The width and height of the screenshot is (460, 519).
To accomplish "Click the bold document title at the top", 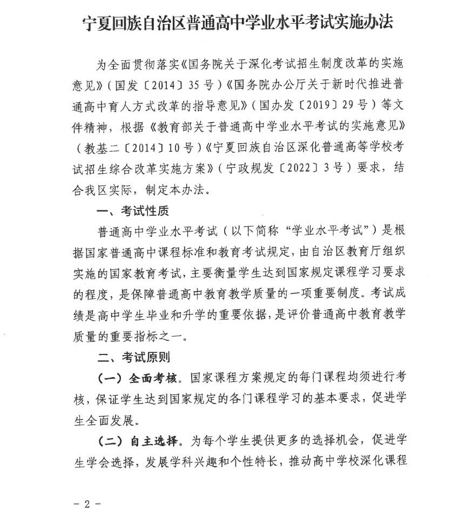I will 238,22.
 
